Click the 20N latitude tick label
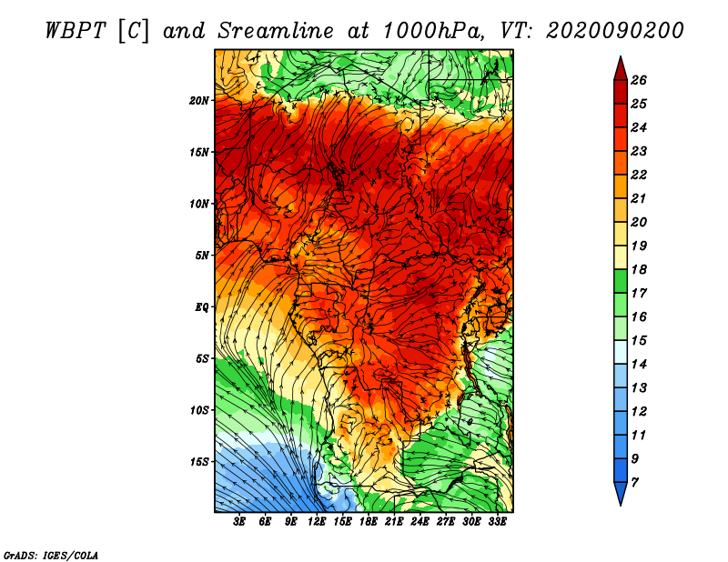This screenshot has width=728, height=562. pos(200,100)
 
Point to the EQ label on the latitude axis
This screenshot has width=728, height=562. pos(202,306)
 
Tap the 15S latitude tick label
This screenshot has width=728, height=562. pos(200,461)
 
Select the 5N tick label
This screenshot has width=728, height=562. pos(202,255)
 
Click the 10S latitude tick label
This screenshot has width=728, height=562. pos(200,410)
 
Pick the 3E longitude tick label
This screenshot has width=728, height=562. pos(240,522)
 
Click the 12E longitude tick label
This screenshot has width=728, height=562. pos(317,522)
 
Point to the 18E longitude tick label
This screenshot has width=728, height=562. pos(369,522)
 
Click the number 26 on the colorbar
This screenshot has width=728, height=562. pos(638,80)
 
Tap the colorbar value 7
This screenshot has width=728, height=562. pos(634,481)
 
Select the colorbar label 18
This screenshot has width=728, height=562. pos(638,269)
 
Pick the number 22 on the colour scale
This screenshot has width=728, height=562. pos(638,175)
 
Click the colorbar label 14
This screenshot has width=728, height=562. pos(638,364)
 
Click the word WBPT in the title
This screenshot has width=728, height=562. pos(76,30)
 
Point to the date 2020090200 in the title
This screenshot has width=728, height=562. pos(614,30)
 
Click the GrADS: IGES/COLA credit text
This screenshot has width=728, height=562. pos(51,554)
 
